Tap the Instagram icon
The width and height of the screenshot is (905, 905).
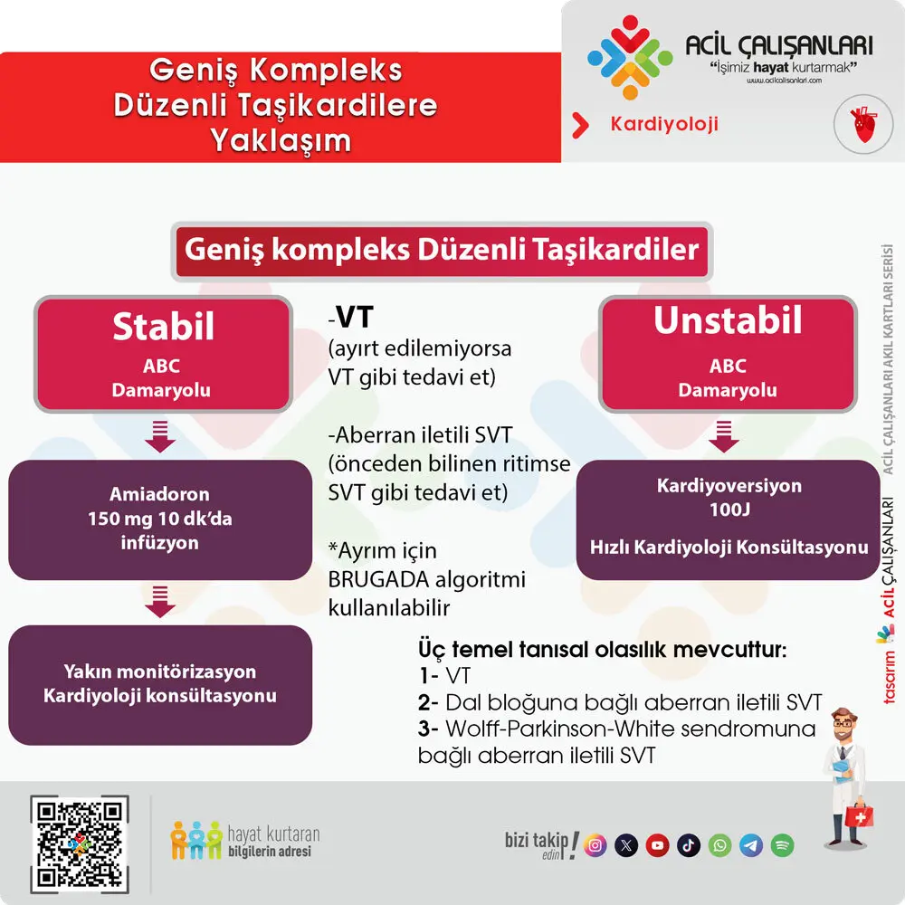point(595,845)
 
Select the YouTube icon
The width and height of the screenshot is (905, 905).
point(658,845)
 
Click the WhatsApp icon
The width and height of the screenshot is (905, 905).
point(719,845)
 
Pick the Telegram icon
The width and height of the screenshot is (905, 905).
point(751,845)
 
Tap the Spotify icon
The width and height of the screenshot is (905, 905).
point(783,845)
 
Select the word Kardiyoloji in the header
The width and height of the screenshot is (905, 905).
point(664,124)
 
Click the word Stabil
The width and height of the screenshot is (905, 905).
point(163,328)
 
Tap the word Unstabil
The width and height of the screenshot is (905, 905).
point(728,321)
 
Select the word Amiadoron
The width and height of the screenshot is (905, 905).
point(159,495)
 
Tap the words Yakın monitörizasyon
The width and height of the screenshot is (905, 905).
point(160,672)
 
